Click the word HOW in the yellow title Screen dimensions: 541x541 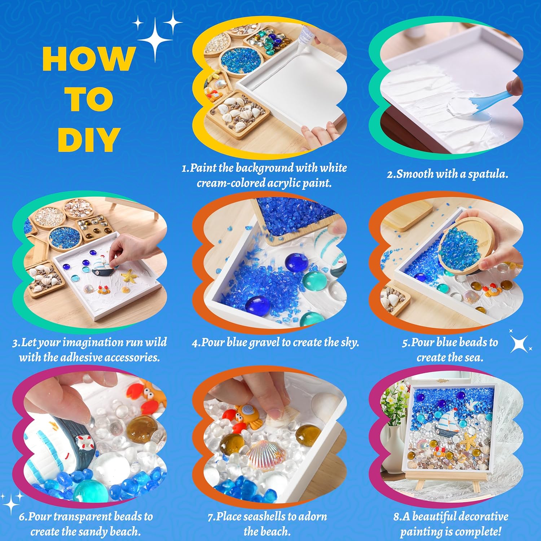coord(89,58)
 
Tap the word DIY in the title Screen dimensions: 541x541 coord(89,139)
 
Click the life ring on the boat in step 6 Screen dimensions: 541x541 coord(84,443)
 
